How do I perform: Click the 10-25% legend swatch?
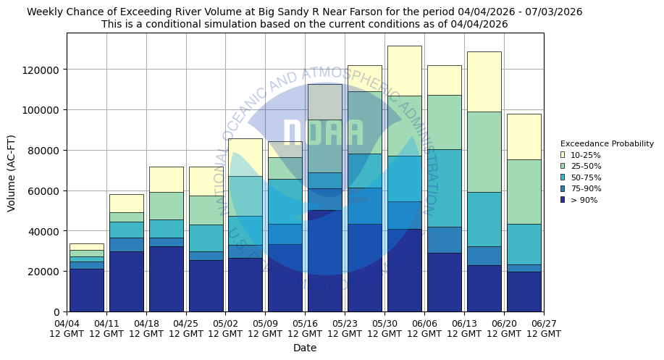tap(563, 155)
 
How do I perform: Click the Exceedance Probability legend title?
tap(607, 143)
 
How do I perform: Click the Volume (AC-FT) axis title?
tap(11, 172)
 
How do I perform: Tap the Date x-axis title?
tap(305, 348)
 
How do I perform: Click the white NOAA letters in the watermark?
tap(322, 133)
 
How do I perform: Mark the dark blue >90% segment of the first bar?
tap(87, 290)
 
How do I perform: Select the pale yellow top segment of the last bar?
tap(523, 136)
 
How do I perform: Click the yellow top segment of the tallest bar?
tap(404, 70)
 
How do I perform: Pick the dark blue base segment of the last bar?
tap(523, 291)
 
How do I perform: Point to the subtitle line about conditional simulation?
tap(305, 24)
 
